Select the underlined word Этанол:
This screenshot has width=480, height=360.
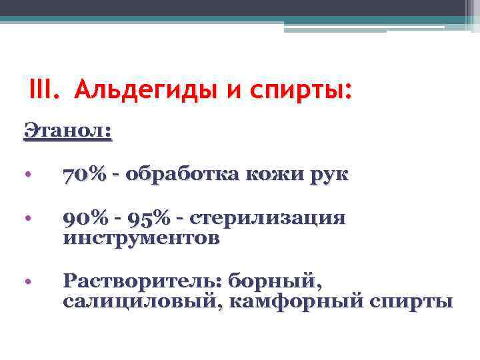tap(68, 129)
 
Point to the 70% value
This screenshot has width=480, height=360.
tap(84, 175)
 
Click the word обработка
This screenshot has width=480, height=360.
tap(183, 175)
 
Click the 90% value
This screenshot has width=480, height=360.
tap(84, 219)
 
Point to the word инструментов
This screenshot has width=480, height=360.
tap(141, 238)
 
